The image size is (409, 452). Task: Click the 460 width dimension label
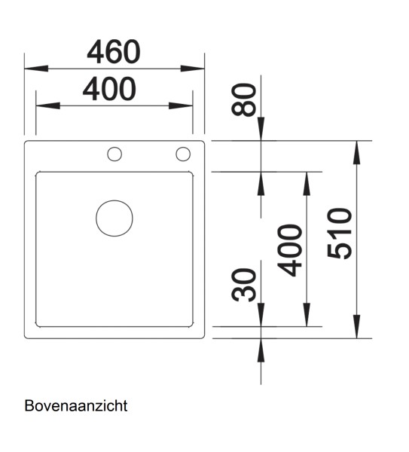point(114,52)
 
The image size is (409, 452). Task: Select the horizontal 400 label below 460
point(109,90)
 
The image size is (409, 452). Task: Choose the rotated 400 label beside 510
point(290,250)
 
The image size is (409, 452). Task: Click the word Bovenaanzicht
point(76,406)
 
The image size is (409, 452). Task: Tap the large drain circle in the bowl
point(114,218)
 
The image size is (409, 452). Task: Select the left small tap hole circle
point(114,154)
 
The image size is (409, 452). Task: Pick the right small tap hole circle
point(183,154)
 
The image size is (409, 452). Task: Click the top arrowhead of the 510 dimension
point(356,149)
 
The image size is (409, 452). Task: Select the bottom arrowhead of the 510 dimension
point(356,329)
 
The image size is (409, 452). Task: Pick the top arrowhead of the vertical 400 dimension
point(307,180)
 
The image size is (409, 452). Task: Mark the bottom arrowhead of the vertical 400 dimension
point(307,319)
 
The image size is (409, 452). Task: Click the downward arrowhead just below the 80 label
point(260,132)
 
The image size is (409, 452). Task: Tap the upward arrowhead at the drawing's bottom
point(260,347)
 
